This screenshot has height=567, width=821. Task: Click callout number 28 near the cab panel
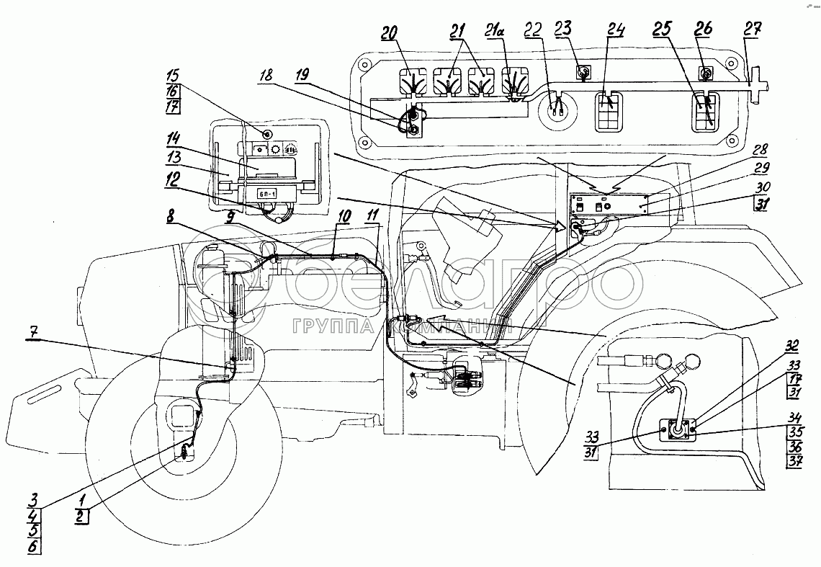pyautogui.click(x=760, y=151)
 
